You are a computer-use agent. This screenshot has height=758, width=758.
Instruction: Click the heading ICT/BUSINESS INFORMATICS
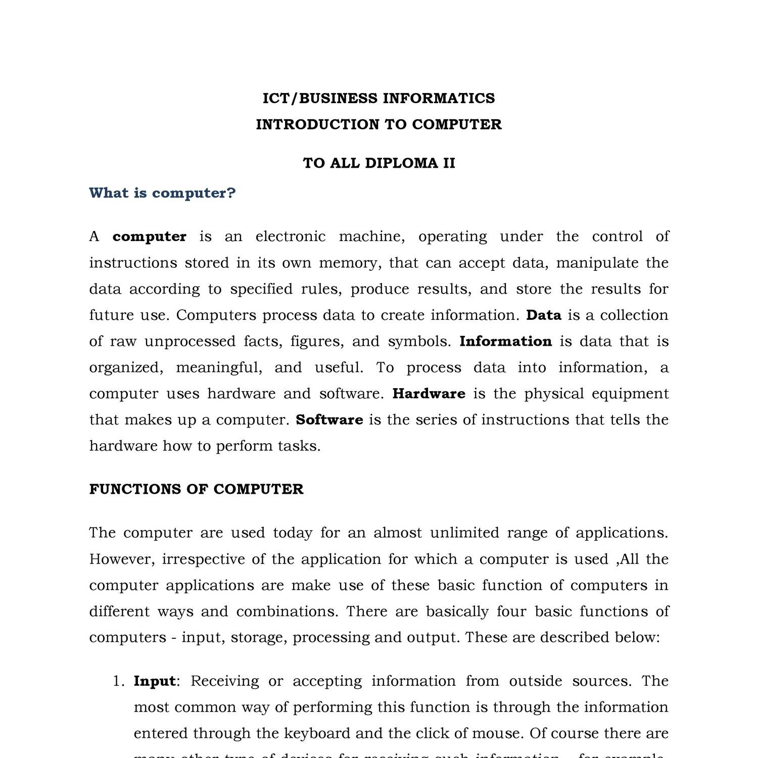click(378, 98)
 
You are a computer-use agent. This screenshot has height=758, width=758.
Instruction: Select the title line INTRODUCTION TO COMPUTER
click(378, 124)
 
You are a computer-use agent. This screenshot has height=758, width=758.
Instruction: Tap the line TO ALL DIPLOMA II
click(378, 163)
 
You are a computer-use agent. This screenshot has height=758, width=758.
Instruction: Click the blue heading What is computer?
click(162, 193)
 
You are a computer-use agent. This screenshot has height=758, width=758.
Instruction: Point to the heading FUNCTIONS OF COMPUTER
click(196, 489)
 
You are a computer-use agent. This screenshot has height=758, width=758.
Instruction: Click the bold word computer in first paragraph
click(150, 236)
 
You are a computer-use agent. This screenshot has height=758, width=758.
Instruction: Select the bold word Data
click(544, 315)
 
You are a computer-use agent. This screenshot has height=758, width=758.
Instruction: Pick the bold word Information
click(505, 342)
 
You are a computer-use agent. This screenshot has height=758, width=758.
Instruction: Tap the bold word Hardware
click(429, 394)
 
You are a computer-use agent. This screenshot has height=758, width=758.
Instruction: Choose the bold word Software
click(329, 420)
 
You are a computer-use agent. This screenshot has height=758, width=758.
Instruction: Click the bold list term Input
click(155, 681)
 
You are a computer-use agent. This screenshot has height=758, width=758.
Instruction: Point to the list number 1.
click(118, 681)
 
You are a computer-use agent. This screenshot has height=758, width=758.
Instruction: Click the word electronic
click(291, 236)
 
